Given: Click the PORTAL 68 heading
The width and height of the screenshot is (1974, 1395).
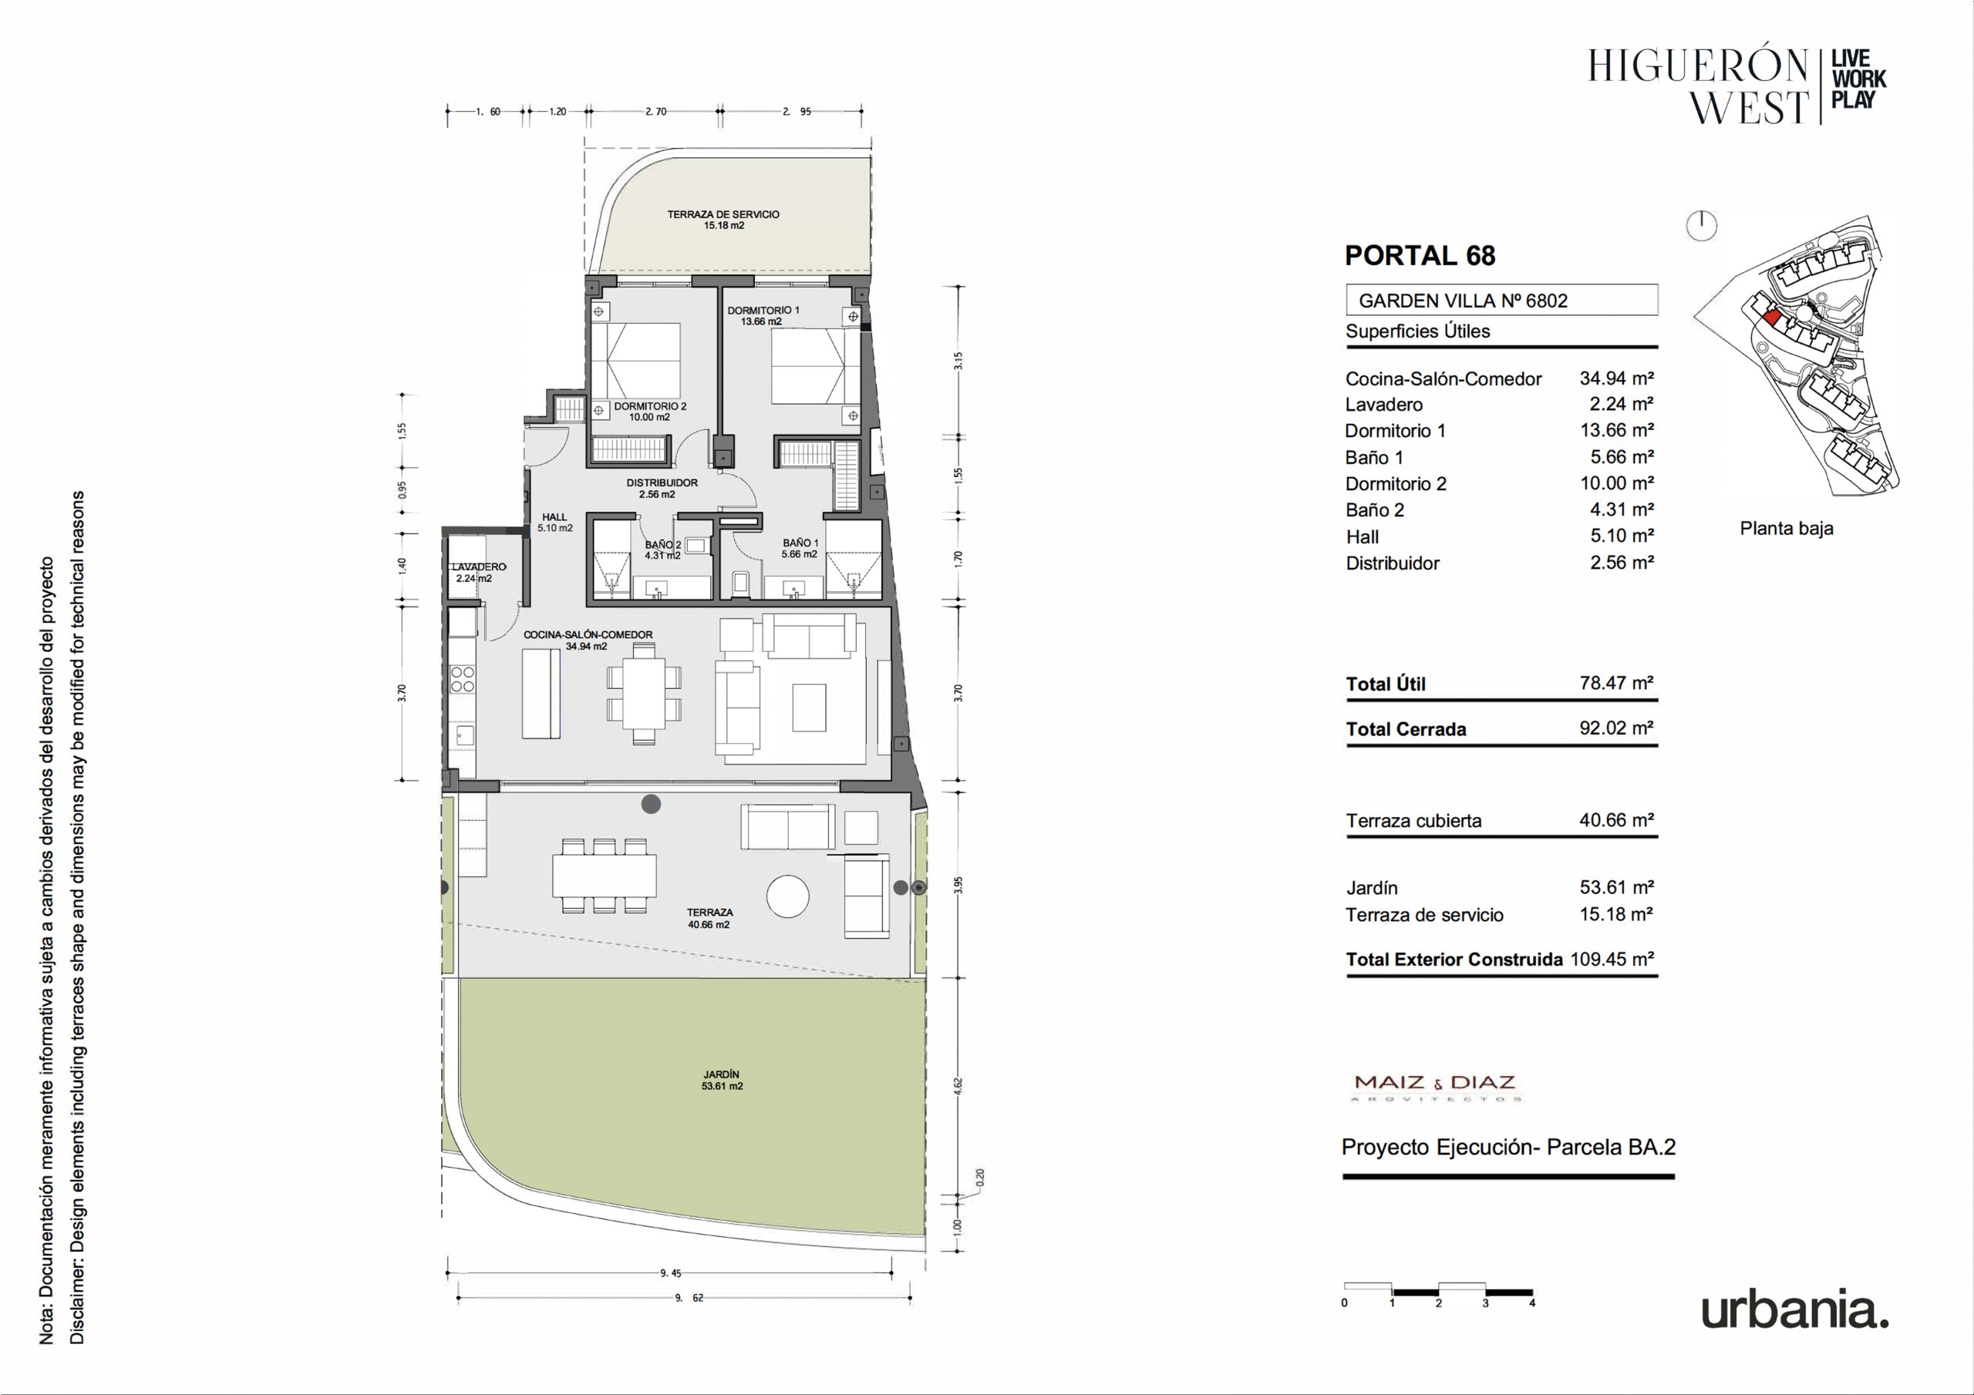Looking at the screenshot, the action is coord(1420,255).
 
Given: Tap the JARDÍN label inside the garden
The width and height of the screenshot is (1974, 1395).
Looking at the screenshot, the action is coord(721,1074).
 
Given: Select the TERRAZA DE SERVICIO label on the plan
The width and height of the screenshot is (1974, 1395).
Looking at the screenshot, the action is coord(723,214).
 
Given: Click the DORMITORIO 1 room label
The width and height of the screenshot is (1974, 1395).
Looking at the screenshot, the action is coord(763,311).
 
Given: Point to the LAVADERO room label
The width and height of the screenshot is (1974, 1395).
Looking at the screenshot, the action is coord(479,567).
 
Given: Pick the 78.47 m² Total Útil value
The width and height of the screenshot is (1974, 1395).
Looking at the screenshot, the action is coord(1616,684).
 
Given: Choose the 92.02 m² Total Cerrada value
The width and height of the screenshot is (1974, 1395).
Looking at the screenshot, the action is coord(1616,728).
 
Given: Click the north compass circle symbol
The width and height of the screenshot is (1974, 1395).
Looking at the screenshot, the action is coord(1702,227).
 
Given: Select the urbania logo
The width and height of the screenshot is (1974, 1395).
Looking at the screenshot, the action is coord(1795,1311).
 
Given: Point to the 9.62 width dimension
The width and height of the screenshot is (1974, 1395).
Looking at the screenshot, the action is coord(689,1298).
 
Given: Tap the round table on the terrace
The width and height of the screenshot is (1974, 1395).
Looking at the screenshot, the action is coord(787,896).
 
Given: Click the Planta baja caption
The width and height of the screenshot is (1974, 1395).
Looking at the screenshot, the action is coord(1787,529).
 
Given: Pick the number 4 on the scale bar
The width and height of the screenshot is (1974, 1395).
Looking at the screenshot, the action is coord(1532,1303).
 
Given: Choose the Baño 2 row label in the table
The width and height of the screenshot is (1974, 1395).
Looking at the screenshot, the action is coord(1375,510).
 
